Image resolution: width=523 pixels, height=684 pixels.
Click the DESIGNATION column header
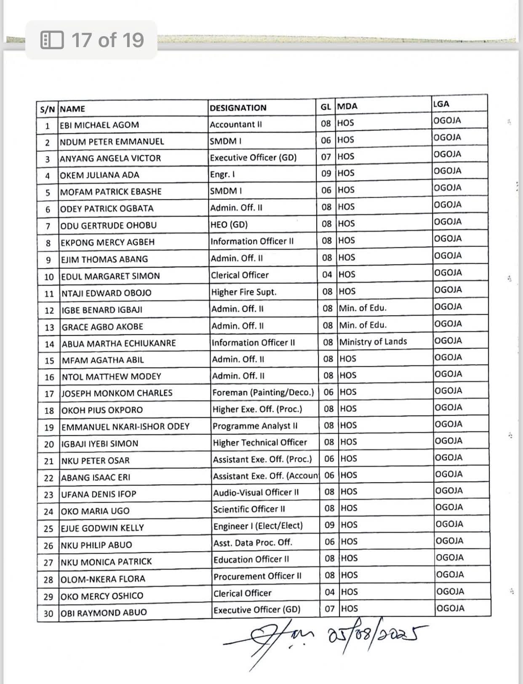pos(238,108)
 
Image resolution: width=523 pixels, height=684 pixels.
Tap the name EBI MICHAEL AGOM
pos(99,125)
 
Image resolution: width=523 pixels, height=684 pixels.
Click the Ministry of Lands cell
pos(373,341)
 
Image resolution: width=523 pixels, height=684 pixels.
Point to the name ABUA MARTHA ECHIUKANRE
pos(119,343)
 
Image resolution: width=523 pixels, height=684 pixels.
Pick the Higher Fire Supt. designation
pos(244,292)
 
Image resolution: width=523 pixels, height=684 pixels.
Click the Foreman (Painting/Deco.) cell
pos(263,392)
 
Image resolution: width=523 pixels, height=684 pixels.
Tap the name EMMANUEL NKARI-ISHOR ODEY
pos(125,427)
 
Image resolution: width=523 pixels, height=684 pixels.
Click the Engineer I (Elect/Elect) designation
pos(258,526)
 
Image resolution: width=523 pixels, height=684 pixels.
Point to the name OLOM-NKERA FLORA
pos(103,579)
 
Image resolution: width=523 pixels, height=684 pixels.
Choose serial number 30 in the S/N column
pos(48,613)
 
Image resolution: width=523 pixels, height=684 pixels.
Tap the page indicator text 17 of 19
pos(107,40)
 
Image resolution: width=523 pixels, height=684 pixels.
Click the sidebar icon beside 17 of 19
pos(52,40)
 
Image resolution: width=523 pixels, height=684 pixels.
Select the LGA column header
pos(441,104)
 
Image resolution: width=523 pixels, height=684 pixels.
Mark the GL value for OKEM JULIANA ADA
pos(326,173)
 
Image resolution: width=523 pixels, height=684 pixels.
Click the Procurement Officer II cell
pos(257,576)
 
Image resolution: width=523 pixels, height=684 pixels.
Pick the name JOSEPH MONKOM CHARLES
pos(117,393)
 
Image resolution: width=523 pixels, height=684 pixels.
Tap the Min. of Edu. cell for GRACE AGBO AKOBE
pos(363,325)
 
